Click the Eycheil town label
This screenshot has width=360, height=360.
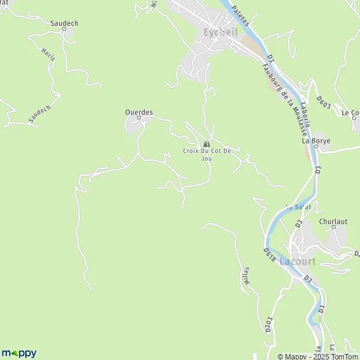[221, 32]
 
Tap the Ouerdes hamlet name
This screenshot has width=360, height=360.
[139, 112]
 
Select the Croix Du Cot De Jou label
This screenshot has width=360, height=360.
[207, 154]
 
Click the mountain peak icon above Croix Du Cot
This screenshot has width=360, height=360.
[206, 143]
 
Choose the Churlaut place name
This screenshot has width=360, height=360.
[334, 221]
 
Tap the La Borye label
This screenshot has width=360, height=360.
[316, 142]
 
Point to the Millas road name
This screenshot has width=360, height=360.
[244, 277]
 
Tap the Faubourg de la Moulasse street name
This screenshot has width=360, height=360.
[275, 89]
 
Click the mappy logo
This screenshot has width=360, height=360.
[19, 353]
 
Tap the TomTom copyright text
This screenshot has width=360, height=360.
[332, 355]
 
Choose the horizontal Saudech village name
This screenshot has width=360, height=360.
[64, 23]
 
